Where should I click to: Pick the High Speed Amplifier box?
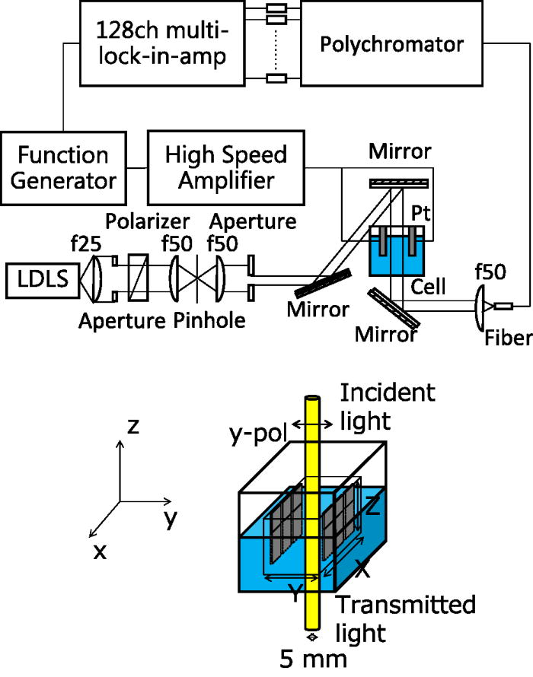pos(225,167)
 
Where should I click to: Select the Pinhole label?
pos(209,320)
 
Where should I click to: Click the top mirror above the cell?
pos(400,183)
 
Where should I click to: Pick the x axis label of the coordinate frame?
pos(99,551)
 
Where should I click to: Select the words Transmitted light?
pos(406,618)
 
